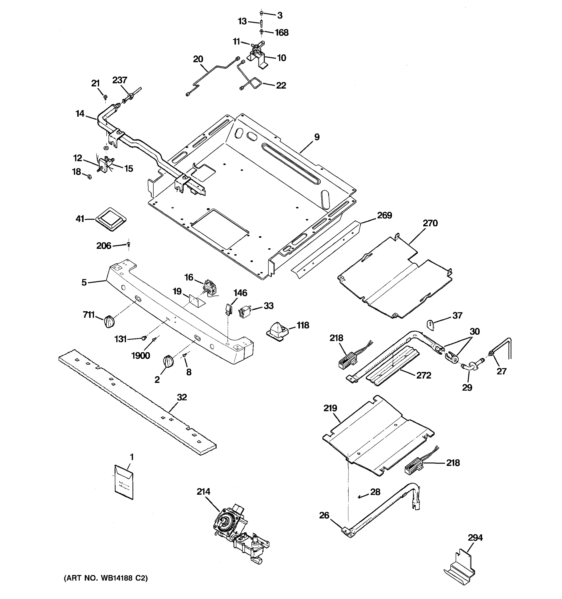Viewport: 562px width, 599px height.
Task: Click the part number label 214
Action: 203,491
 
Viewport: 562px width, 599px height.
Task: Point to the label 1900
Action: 140,356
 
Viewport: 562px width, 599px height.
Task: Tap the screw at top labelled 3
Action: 262,13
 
